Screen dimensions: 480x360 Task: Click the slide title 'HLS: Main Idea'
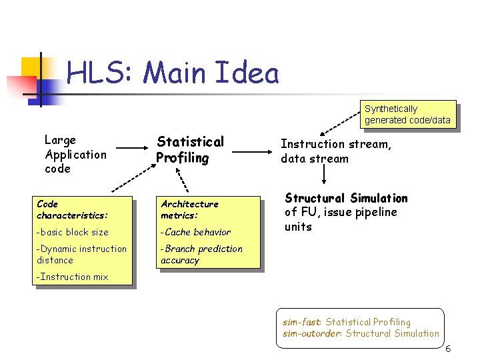173,73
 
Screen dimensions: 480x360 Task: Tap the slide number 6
448,349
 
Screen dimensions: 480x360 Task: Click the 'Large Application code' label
75,154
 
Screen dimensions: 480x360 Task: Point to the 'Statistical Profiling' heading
190,149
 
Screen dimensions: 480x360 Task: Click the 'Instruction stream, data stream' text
335,151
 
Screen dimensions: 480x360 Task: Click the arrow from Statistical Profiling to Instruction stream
251,151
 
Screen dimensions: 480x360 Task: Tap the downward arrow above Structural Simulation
323,175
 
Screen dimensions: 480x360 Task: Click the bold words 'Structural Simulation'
346,198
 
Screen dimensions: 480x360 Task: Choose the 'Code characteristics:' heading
72,209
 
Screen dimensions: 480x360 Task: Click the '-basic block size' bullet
73,232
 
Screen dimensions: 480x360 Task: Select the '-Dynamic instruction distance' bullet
81,254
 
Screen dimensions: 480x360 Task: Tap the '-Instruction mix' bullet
73,277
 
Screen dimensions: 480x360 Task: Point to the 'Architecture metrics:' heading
189,209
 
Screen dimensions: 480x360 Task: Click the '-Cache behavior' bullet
196,232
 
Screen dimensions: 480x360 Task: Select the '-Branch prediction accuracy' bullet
201,254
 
